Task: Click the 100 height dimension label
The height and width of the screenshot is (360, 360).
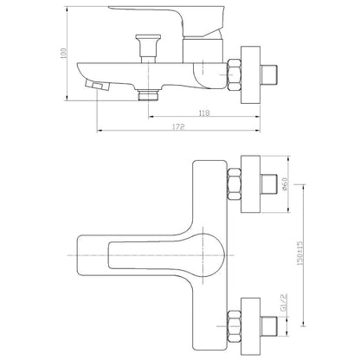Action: (x=64, y=53)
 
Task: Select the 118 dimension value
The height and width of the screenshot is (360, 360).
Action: (x=204, y=113)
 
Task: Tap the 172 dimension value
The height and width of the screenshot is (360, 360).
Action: (x=178, y=127)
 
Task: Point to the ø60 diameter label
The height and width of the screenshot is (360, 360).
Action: (x=286, y=184)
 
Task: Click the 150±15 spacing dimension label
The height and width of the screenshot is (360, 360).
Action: (x=300, y=254)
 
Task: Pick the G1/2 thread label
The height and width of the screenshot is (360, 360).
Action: (x=283, y=303)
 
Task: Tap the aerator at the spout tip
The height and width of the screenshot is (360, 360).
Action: (x=98, y=86)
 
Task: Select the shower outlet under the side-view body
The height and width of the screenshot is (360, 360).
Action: (x=148, y=95)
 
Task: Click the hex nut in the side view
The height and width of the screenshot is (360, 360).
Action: (x=235, y=75)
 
